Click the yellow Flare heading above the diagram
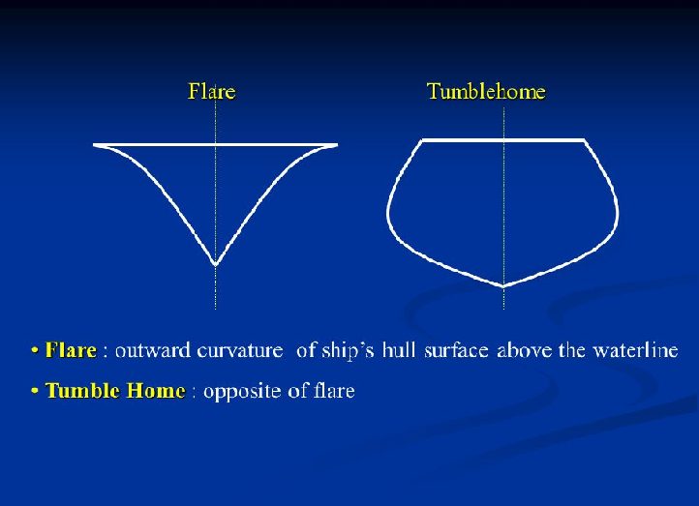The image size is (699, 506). [x=211, y=92]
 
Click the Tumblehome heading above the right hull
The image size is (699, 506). [x=486, y=92]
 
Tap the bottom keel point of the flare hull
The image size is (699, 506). [x=215, y=262]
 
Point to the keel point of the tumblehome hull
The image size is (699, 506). [x=502, y=285]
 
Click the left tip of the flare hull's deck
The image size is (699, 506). [x=96, y=145]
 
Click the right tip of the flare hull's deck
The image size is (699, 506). [x=335, y=145]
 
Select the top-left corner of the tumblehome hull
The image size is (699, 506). [x=422, y=140]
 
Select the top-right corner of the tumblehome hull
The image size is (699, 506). [x=585, y=140]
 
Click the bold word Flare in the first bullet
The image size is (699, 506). [x=71, y=350]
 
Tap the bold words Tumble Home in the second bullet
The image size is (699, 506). [x=115, y=391]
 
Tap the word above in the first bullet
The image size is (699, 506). [x=519, y=350]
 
